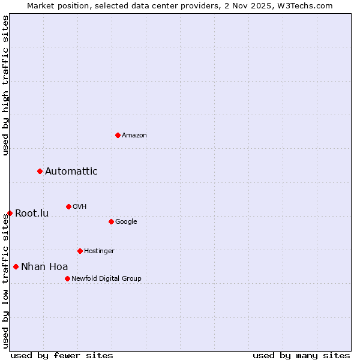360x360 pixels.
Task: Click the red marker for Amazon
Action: [118, 135]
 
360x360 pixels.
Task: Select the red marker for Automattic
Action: [40, 172]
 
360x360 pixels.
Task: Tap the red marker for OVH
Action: [68, 206]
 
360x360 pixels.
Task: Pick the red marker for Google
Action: [111, 221]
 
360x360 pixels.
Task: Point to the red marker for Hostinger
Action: [80, 251]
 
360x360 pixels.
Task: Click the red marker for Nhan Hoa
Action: [16, 266]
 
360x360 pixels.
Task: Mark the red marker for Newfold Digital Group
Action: [67, 278]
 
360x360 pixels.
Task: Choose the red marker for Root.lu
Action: [10, 213]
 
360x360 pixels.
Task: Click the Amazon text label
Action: [134, 136]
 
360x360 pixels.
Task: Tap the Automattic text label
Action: [71, 172]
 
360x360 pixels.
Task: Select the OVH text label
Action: [80, 207]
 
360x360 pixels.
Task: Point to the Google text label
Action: [126, 222]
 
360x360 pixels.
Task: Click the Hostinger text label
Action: [99, 251]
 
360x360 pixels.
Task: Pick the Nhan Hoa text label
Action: [44, 267]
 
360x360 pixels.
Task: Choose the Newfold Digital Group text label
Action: [106, 279]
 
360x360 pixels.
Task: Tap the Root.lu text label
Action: [32, 214]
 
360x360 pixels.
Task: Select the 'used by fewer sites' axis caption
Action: [62, 355]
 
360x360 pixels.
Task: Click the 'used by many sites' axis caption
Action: [301, 355]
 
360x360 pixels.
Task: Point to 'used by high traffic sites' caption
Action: [5, 85]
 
